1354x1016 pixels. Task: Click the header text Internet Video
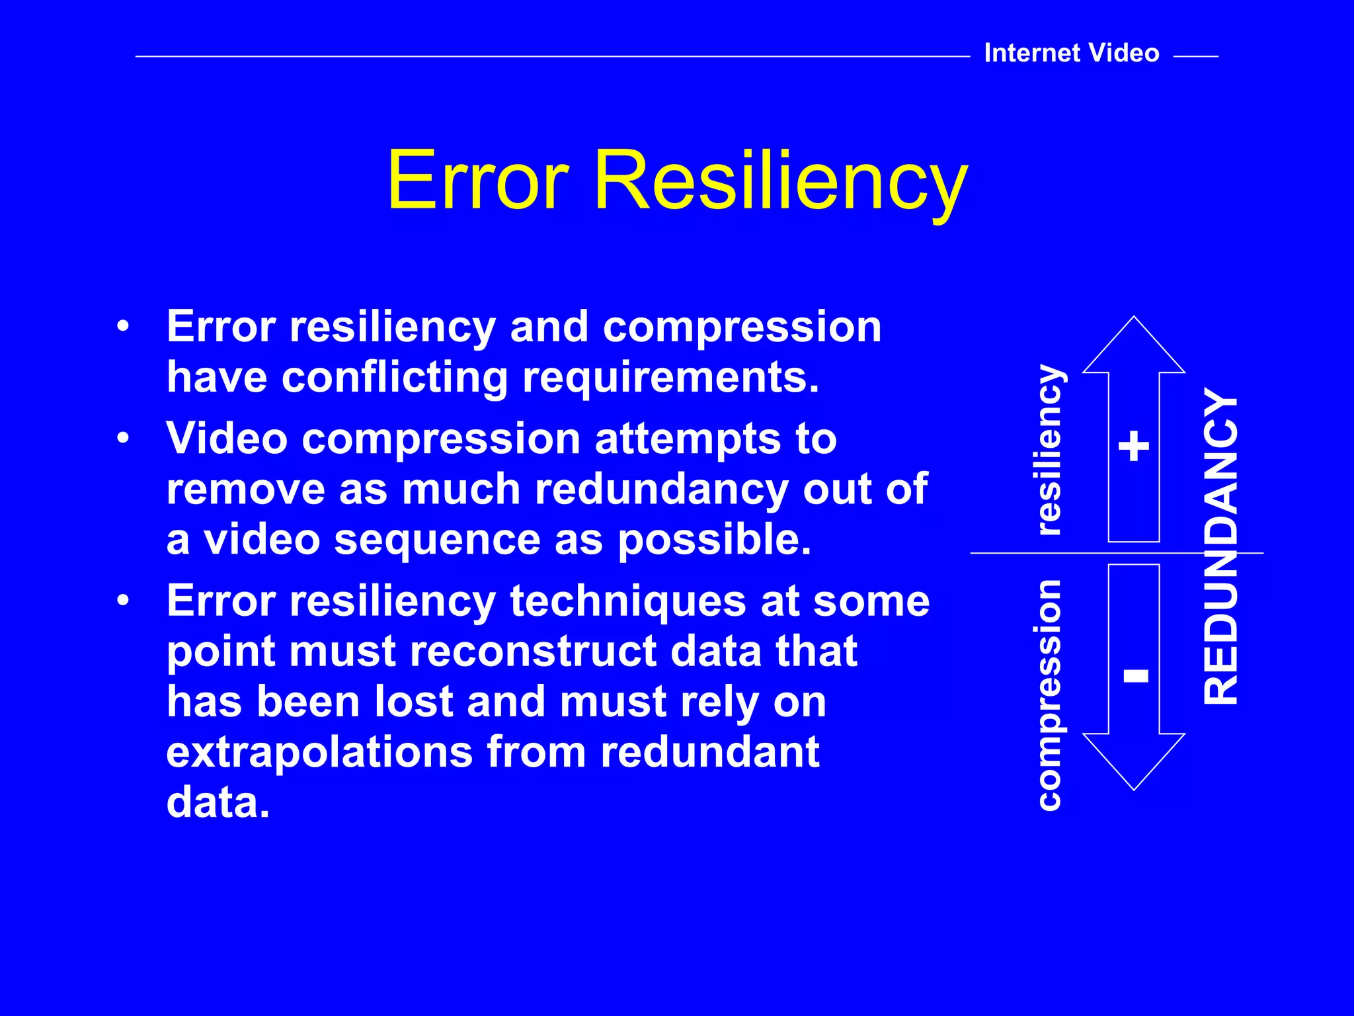(x=1071, y=53)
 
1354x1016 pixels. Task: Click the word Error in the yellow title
(x=477, y=180)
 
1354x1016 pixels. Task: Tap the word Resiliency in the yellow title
(x=780, y=182)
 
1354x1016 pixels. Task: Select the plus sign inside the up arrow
(x=1134, y=446)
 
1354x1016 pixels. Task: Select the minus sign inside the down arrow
(x=1136, y=675)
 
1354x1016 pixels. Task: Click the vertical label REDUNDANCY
(x=1220, y=546)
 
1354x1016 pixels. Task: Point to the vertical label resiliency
(x=1049, y=450)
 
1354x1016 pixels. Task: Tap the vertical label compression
(x=1050, y=695)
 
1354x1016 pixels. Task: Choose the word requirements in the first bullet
(x=670, y=379)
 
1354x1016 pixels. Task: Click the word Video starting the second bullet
(x=227, y=439)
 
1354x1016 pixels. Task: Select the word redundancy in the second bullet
(x=661, y=490)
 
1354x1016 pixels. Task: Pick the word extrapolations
(x=319, y=753)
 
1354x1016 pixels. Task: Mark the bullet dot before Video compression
(x=123, y=439)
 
